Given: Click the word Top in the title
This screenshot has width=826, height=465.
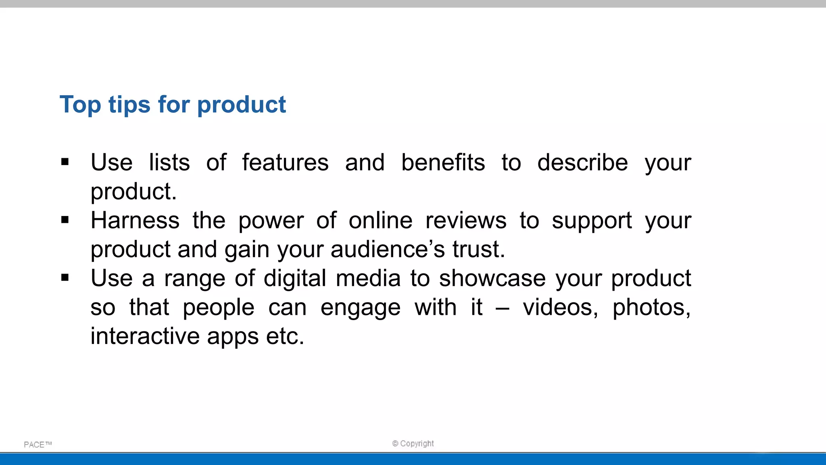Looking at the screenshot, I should coord(80,105).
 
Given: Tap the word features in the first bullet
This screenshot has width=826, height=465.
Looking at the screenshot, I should coord(285,163).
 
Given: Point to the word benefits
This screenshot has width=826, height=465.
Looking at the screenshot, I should coord(443,163).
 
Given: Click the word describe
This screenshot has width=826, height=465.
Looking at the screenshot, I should coord(582,163).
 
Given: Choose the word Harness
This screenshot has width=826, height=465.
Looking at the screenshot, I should coord(135,221).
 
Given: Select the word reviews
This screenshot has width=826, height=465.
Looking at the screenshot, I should coord(466,221).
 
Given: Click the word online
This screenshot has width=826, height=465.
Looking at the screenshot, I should coord(380,221).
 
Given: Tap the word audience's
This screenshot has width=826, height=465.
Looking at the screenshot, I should coord(388,249).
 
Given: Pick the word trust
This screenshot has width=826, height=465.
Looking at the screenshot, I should coord(478,249).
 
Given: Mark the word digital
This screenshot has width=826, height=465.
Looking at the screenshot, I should coord(295,279).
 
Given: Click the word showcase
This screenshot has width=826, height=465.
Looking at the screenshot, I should coord(492,279).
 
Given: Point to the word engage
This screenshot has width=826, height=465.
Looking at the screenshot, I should coord(360,308).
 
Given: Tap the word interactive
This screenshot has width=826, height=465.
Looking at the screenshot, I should coord(145,336).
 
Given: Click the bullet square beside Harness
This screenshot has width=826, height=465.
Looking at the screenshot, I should coord(65,220).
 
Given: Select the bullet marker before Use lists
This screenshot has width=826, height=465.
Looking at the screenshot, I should coord(65,162).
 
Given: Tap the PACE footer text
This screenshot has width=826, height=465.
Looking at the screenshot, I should coord(38,444).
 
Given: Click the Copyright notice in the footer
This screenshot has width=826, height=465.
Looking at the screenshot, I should coord(413,444).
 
